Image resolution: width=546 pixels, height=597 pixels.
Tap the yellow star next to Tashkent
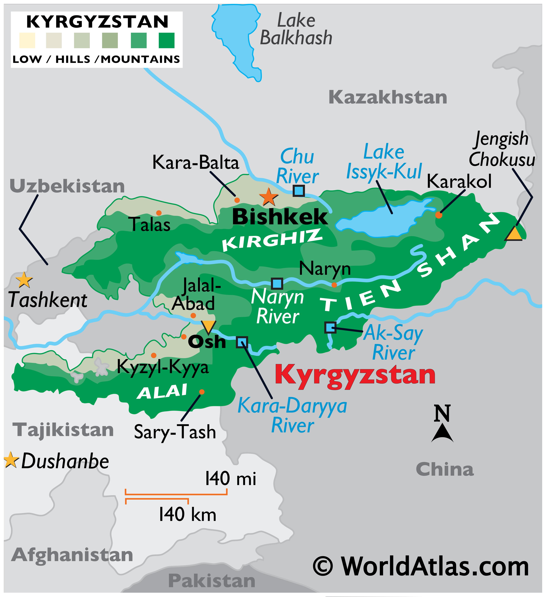tap(24, 280)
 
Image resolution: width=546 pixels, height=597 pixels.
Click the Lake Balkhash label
tap(296, 30)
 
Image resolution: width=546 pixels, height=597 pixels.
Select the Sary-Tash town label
tap(175, 432)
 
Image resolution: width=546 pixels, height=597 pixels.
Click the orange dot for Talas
tap(159, 213)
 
